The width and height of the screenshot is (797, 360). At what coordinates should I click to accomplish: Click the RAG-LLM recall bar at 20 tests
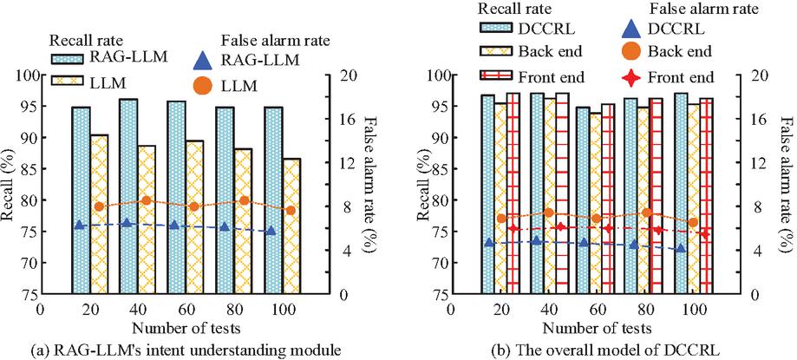pos(81,200)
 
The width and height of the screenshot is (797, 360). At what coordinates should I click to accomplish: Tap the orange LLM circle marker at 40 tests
pos(147,200)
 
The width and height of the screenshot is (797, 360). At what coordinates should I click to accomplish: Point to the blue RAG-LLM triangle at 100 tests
pos(271,231)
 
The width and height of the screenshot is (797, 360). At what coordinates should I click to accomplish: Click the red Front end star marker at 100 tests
pos(705,233)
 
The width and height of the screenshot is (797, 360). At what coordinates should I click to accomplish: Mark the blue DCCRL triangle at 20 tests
pos(489,242)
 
